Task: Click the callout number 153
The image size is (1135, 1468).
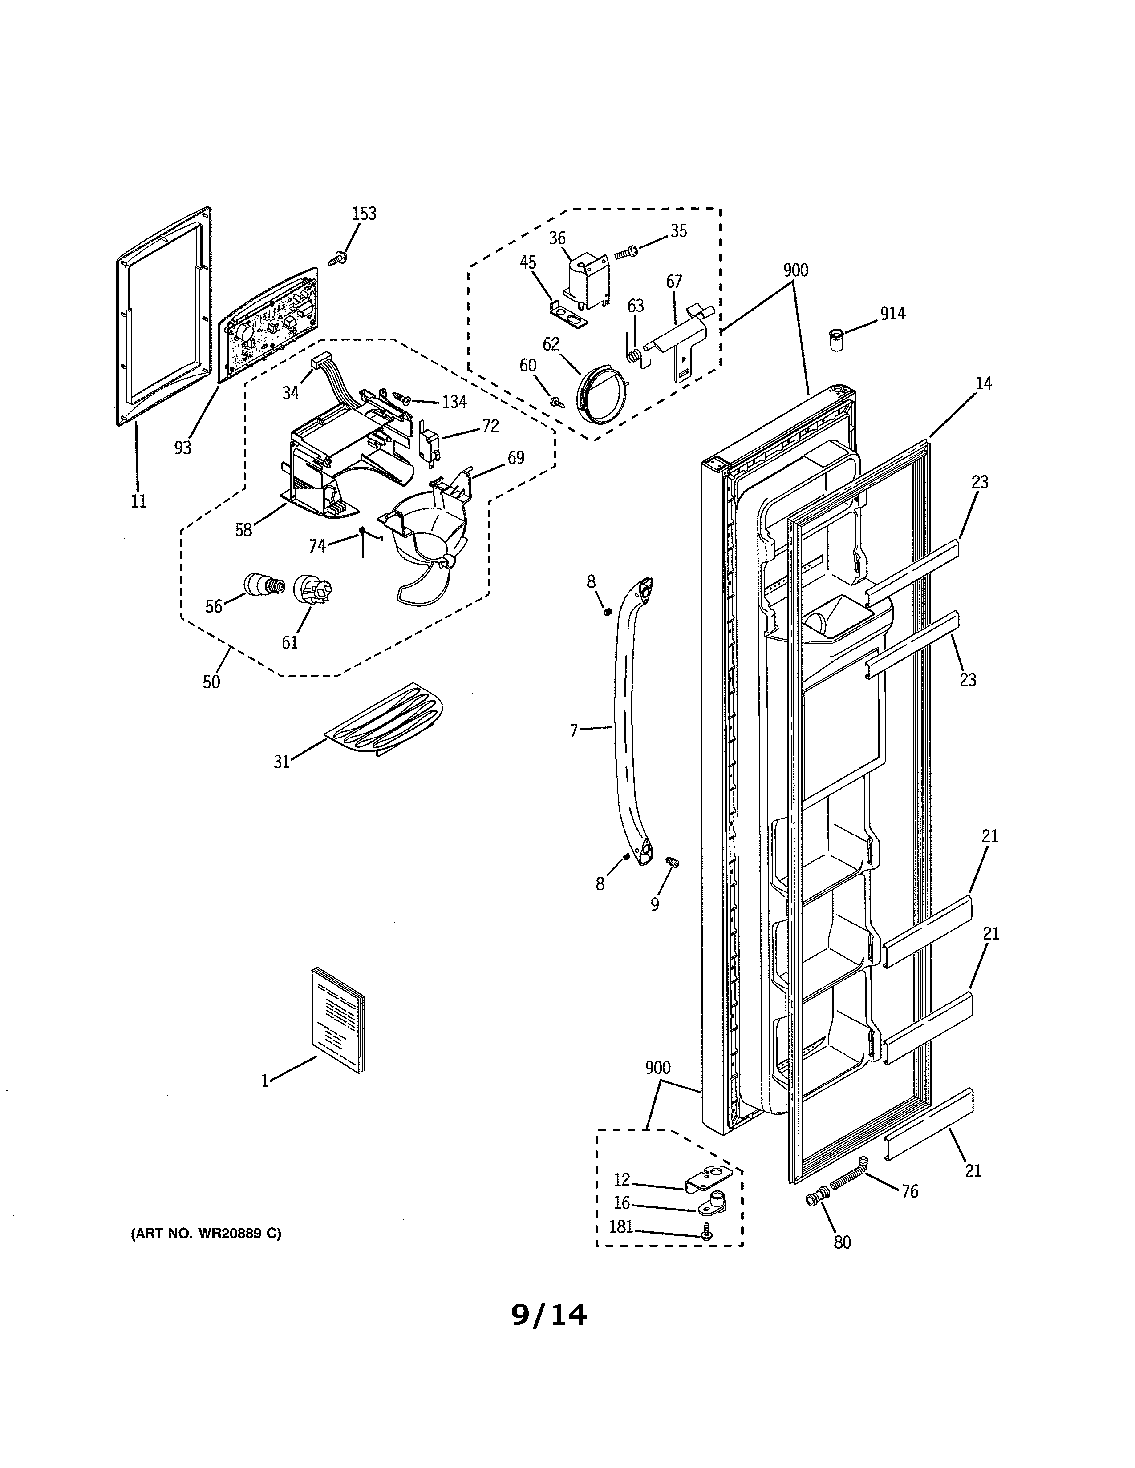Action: [365, 214]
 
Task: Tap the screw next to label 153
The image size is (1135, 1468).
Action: [337, 258]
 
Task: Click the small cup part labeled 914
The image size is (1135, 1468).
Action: [836, 339]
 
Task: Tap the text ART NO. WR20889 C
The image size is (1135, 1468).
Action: [206, 1234]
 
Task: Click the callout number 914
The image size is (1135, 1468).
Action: [892, 313]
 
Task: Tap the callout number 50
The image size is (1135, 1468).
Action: [211, 682]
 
